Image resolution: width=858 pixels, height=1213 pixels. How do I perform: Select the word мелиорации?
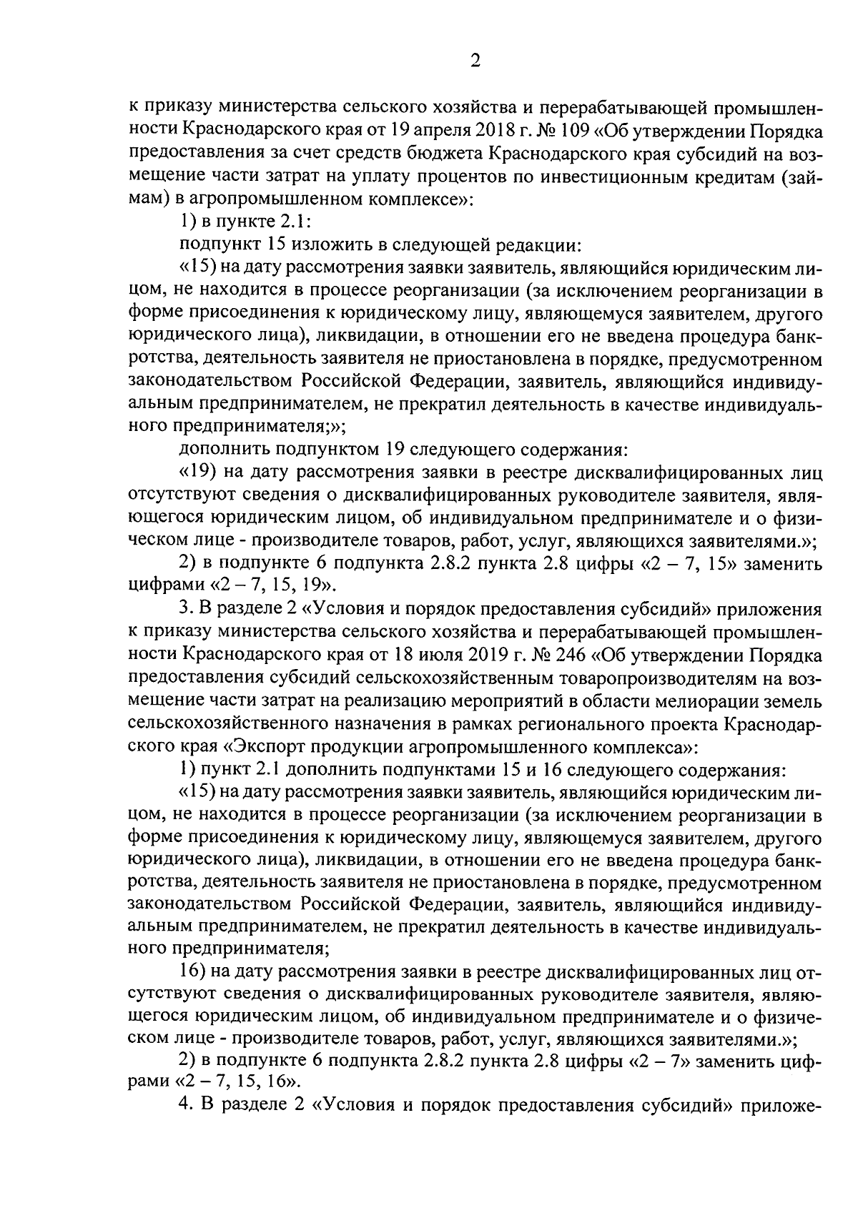click(x=695, y=701)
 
